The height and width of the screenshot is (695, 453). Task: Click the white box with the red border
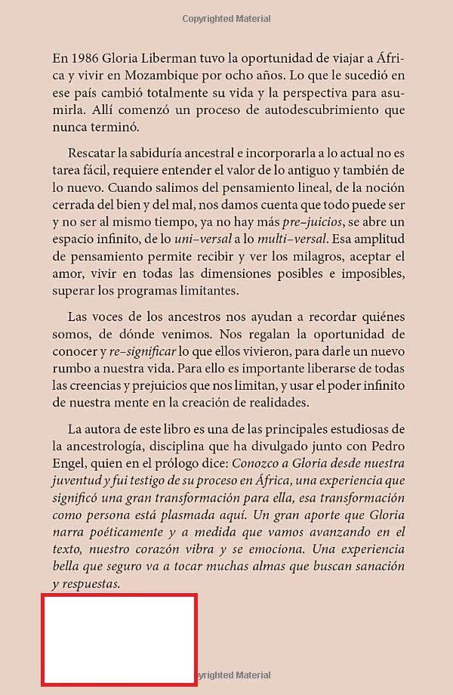119,639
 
